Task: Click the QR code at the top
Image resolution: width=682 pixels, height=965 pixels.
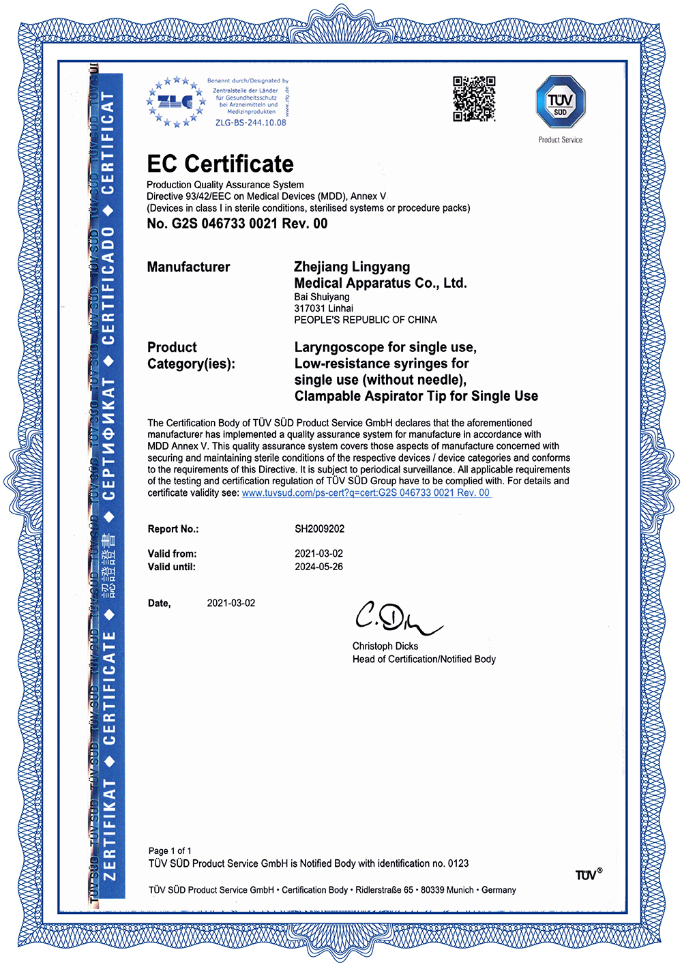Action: point(474,99)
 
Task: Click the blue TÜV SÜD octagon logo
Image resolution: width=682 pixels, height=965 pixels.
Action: point(560,102)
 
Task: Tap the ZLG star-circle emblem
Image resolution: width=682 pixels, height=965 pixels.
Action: point(175,102)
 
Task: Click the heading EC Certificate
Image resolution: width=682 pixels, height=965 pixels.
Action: point(220,164)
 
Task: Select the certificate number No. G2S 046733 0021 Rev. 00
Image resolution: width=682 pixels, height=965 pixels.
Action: point(237,224)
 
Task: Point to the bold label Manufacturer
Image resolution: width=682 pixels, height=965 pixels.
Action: point(188,267)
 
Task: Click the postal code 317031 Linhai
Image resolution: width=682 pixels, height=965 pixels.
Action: point(323,308)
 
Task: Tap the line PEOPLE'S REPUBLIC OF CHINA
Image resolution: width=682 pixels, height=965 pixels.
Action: point(366,320)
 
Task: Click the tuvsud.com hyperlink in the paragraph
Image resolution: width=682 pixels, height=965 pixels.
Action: point(366,492)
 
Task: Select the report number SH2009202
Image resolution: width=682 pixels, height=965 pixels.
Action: point(319,529)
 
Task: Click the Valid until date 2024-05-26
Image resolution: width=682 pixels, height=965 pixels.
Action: point(318,567)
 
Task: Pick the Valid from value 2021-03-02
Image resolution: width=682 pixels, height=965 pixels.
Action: point(318,554)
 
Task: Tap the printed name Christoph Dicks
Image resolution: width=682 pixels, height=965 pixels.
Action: point(385,646)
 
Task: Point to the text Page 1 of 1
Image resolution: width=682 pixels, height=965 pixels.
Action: point(170,850)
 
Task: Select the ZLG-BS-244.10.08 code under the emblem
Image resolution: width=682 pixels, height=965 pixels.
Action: point(250,123)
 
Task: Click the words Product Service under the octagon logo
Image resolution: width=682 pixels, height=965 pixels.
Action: point(560,140)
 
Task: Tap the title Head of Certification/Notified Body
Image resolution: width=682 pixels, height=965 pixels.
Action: point(424,659)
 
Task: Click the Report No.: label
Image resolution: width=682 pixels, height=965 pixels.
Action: point(173,529)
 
